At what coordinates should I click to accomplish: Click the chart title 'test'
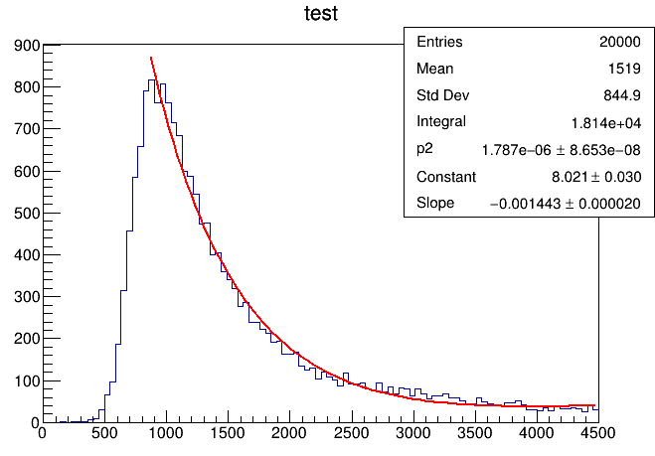point(321,15)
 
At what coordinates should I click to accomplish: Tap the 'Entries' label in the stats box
point(439,42)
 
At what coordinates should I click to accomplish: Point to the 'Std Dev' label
point(442,95)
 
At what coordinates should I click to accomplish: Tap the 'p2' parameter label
point(425,149)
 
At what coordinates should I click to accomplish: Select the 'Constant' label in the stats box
point(446,176)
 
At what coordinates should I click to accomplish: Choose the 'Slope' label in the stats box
point(435,203)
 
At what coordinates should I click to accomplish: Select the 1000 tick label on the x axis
point(165,433)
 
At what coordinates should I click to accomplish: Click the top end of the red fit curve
point(151,59)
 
